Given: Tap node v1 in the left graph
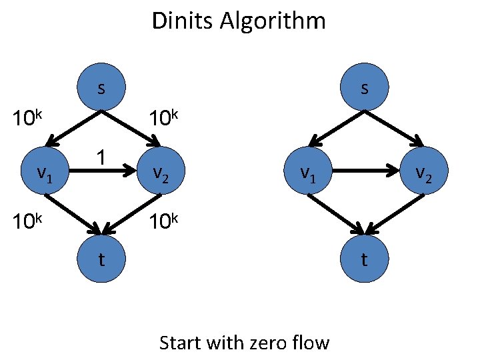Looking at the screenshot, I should click(x=45, y=173).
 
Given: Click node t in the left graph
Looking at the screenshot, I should click(x=101, y=259).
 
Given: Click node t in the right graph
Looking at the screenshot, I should click(x=364, y=259).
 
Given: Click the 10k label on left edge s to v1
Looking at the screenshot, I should click(x=29, y=120).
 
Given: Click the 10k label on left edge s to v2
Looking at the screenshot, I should click(x=164, y=120).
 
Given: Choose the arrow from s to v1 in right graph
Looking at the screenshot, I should click(x=337, y=127).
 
